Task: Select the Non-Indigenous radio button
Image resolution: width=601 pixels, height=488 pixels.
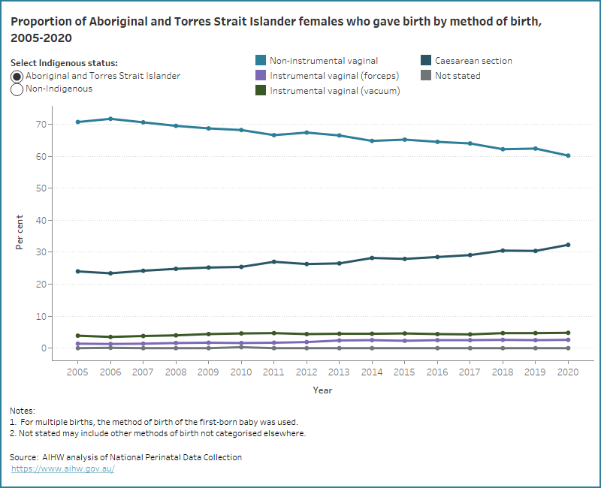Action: pos(17,89)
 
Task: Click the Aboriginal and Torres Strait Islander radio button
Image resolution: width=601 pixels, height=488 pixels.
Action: pos(17,77)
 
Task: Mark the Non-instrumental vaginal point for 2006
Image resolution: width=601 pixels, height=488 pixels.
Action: pos(110,119)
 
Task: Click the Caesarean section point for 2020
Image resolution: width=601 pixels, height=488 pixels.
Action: pos(568,245)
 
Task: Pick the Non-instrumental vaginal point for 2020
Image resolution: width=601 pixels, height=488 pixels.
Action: pos(568,155)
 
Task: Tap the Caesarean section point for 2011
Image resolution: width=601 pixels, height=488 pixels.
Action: pos(274,262)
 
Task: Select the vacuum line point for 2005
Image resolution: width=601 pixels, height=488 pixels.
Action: pos(78,336)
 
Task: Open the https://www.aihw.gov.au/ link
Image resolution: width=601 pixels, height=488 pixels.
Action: pos(63,468)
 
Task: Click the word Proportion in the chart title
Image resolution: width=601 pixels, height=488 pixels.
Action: pos(38,22)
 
